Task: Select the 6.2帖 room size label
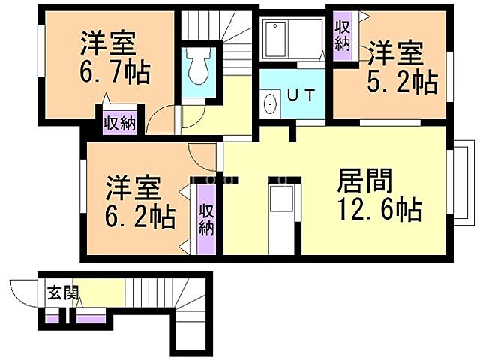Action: [140, 217]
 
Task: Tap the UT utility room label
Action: [300, 95]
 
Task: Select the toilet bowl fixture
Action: [199, 67]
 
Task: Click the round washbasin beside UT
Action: [270, 104]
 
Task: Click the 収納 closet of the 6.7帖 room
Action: [118, 122]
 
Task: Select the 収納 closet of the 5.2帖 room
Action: [343, 33]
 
